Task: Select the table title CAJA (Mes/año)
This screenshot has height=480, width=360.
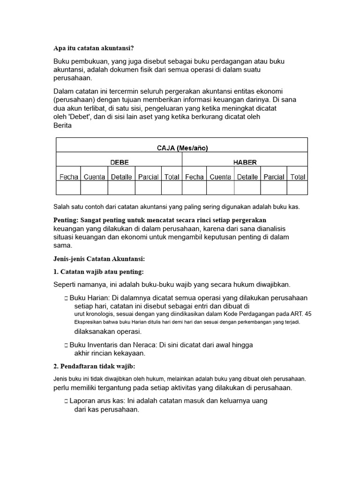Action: pos(182,148)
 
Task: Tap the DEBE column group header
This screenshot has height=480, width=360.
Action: pos(119,162)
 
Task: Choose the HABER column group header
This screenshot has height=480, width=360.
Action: pos(245,162)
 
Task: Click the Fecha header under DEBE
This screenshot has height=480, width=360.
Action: pos(68,177)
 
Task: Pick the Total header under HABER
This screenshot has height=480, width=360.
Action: pos(298,177)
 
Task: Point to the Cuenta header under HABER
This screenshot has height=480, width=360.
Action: pos(220,177)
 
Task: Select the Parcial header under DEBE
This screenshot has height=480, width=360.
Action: pos(148,177)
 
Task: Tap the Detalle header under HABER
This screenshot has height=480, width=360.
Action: pos(247,177)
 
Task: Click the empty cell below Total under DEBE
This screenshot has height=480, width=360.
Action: pos(172,188)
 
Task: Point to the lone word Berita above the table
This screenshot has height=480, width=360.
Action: pos(62,126)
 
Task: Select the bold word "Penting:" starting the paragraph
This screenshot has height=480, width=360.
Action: pos(66,220)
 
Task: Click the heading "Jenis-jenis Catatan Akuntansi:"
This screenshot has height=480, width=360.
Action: pos(99,258)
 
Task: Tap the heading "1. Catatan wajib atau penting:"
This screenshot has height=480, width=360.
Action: pos(98,272)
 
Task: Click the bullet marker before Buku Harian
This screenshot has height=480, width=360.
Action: pos(66,299)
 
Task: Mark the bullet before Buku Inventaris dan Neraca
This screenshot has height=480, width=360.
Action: pos(66,345)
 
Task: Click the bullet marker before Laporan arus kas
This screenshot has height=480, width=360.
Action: pos(66,402)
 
